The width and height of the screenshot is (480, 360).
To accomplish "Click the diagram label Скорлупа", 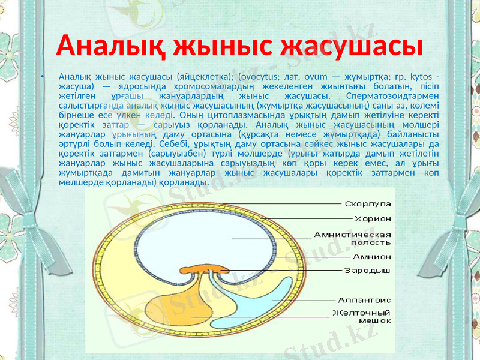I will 368,204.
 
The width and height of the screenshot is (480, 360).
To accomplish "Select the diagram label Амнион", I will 372,256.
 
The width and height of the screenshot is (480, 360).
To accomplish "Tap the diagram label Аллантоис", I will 364,299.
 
